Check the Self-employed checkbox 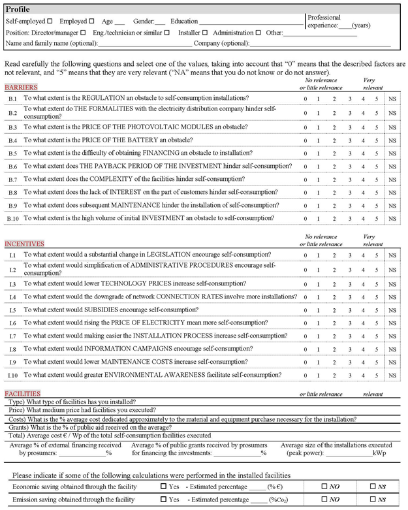(x=50, y=21)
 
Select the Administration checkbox (x=258, y=32)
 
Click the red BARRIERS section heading (x=20, y=87)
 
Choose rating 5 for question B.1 (x=377, y=99)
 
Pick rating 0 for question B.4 (x=305, y=140)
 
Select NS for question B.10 (x=392, y=218)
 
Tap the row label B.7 (x=13, y=180)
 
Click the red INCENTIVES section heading (x=23, y=242)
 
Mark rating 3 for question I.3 (x=350, y=284)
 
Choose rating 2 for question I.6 (x=334, y=323)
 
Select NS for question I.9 (x=392, y=362)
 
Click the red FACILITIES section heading (x=22, y=394)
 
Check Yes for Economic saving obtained (x=163, y=486)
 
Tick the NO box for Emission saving (x=324, y=500)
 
